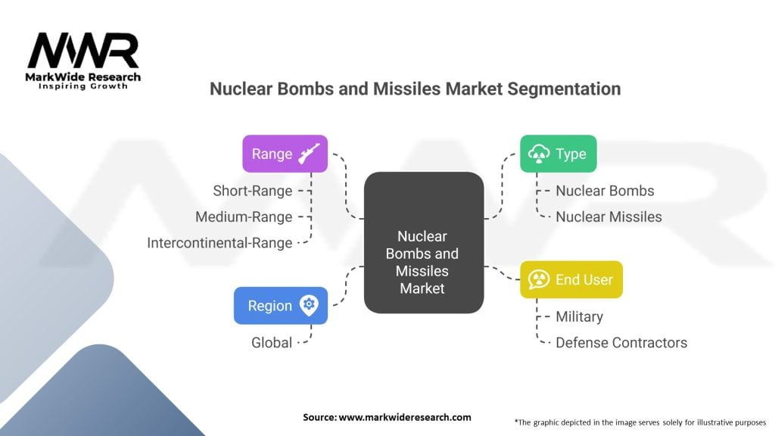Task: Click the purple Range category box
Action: (x=285, y=154)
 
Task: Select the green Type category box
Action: (x=558, y=154)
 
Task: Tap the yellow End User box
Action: (x=571, y=279)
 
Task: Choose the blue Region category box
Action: (x=280, y=305)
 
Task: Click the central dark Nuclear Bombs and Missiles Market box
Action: (x=423, y=242)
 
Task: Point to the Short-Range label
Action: (x=252, y=191)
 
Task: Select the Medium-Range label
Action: (x=244, y=216)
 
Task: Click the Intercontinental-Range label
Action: (x=219, y=243)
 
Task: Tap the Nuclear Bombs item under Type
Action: (x=605, y=191)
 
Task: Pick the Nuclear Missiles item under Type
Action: (x=608, y=216)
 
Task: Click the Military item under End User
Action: (x=579, y=316)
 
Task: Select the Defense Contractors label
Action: (x=621, y=342)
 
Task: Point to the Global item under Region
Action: (x=272, y=342)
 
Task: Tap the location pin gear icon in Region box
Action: (x=308, y=305)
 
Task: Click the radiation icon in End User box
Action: (x=539, y=279)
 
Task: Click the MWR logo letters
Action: (x=83, y=51)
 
